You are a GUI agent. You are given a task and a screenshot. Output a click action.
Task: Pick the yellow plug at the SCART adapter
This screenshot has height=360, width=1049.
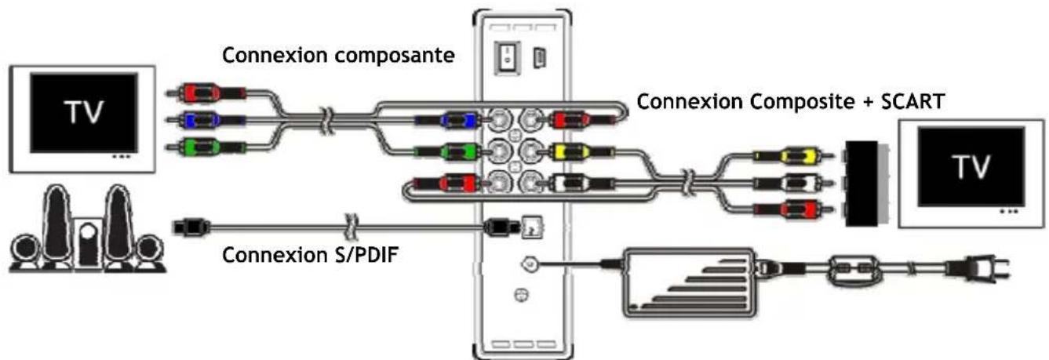point(792,157)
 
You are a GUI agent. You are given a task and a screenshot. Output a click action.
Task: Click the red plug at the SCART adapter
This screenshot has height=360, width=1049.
point(792,209)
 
